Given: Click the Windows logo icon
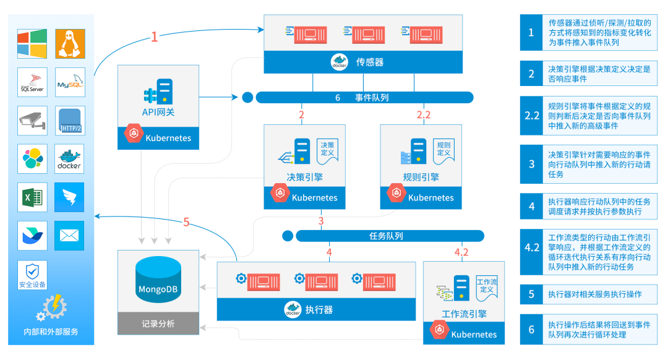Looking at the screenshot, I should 32,44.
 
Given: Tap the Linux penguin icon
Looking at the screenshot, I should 70,44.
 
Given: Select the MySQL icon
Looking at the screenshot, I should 70,83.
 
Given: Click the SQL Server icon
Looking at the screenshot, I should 32,83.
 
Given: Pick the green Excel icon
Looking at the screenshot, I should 32,198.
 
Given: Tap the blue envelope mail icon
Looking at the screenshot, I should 70,236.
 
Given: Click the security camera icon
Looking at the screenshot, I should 32,121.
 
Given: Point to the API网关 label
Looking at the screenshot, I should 158,112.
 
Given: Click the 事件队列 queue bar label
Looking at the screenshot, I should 372,97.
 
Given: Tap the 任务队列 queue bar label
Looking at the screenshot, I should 386,236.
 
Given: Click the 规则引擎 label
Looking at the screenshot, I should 421,177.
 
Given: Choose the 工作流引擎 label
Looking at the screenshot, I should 464,313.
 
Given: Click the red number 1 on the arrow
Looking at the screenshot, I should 154,37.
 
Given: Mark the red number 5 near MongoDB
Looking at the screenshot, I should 186,221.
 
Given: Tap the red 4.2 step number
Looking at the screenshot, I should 461,252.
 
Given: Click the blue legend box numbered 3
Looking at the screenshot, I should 531,165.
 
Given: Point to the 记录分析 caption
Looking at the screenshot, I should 158,324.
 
